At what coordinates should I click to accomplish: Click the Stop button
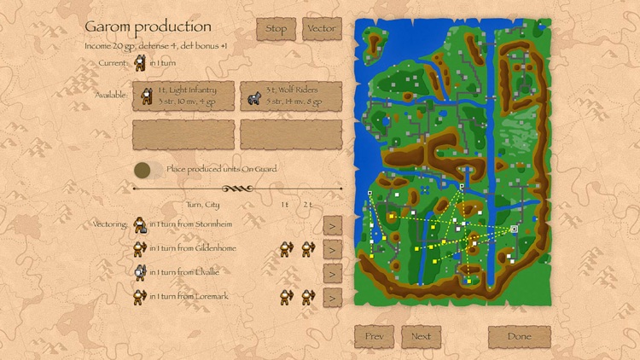276,29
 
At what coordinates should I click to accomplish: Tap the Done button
519,336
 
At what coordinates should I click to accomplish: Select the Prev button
374,336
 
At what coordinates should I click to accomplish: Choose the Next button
421,336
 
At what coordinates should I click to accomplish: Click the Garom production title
148,27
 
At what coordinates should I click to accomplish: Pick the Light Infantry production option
183,96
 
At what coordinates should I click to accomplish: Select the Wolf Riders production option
291,96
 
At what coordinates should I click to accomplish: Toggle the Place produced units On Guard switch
148,169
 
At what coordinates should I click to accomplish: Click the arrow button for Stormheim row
332,224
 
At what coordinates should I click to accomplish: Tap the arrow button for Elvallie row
332,273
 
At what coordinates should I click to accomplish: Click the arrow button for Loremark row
332,297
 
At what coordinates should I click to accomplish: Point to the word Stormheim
214,224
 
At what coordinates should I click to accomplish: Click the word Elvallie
207,273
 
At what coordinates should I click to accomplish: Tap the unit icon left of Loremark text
140,297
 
